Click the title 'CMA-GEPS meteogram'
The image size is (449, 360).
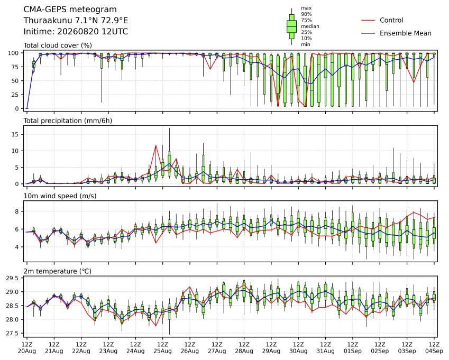click(x=70, y=10)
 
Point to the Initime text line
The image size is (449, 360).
click(x=76, y=32)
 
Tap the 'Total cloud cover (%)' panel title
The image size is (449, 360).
click(x=58, y=45)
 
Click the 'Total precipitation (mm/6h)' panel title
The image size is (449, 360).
click(x=68, y=121)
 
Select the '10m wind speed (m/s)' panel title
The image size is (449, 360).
click(x=60, y=196)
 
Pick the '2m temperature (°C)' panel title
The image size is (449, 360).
click(x=57, y=271)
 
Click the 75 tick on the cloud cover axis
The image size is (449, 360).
click(x=15, y=67)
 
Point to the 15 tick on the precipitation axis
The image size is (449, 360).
click(x=15, y=134)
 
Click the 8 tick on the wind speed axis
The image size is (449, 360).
click(x=17, y=211)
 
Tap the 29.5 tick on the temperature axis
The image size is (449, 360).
click(x=13, y=279)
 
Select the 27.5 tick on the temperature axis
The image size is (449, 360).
click(x=13, y=334)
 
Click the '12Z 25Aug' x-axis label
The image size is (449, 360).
click(x=163, y=348)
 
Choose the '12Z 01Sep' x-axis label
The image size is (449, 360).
click(x=353, y=348)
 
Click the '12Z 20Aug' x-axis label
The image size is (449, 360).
click(x=27, y=348)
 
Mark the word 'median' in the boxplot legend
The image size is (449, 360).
click(x=310, y=26)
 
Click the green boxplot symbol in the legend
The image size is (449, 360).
click(x=292, y=26)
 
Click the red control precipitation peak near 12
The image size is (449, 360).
click(x=156, y=145)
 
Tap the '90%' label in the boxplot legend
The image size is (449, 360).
click(x=306, y=14)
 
